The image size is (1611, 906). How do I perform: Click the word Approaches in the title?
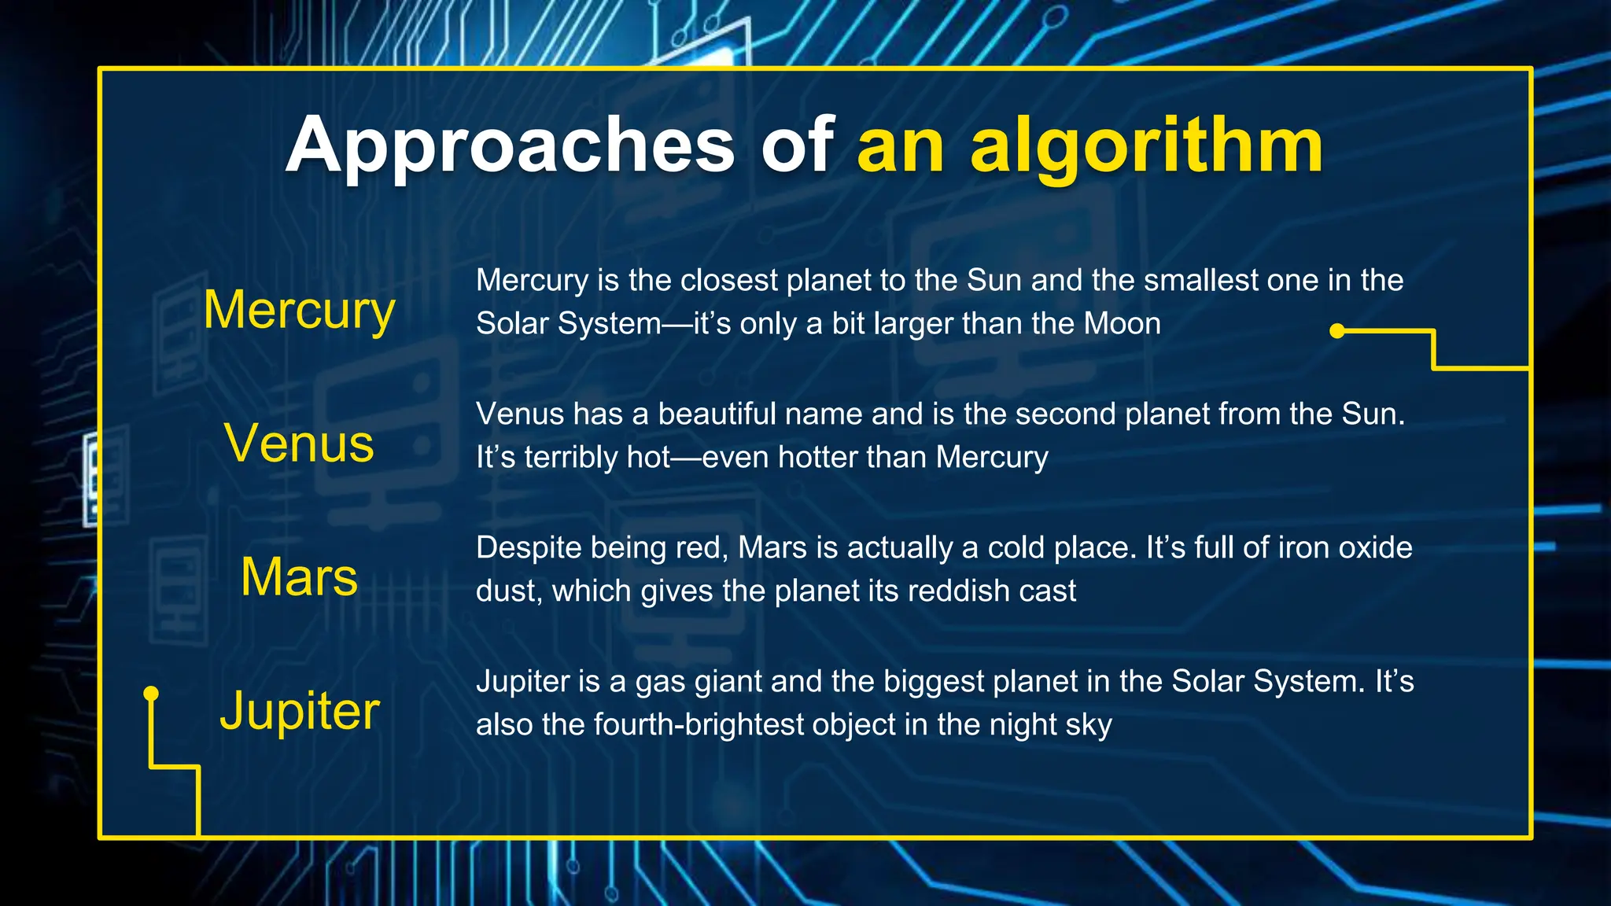(510, 146)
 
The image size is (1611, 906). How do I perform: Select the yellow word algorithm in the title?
(1147, 146)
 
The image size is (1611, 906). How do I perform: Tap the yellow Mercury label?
(299, 310)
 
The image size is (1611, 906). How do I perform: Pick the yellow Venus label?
(299, 444)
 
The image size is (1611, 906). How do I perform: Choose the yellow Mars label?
(299, 577)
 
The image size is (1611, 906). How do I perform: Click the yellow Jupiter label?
(299, 711)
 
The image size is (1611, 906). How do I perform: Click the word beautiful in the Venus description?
(717, 414)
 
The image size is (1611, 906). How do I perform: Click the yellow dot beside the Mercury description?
(1336, 331)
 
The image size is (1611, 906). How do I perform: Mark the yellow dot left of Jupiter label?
(151, 694)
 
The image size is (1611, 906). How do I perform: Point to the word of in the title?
(796, 146)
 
